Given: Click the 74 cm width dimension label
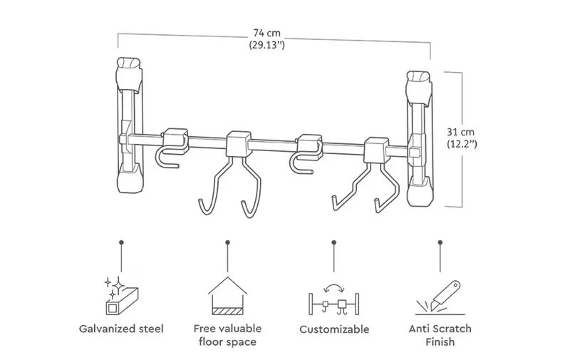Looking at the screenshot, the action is [266, 33].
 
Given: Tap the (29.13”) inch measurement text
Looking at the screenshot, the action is [266, 45].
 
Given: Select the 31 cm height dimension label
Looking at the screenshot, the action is [460, 132].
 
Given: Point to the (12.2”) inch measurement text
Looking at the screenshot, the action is [462, 144].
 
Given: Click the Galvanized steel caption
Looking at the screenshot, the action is [121, 329].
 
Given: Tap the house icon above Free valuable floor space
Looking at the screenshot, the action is [227, 296].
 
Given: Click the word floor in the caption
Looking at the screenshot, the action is [211, 341].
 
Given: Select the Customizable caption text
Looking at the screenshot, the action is [334, 329].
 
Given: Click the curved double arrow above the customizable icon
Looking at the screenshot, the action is [334, 287].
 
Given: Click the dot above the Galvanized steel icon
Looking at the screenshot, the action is [121, 242].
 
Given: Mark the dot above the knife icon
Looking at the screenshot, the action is [440, 242].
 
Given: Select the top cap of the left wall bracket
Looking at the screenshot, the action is [128, 73].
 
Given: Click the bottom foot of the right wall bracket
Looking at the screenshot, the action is [420, 191].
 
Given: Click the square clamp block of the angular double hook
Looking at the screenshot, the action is [377, 150].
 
